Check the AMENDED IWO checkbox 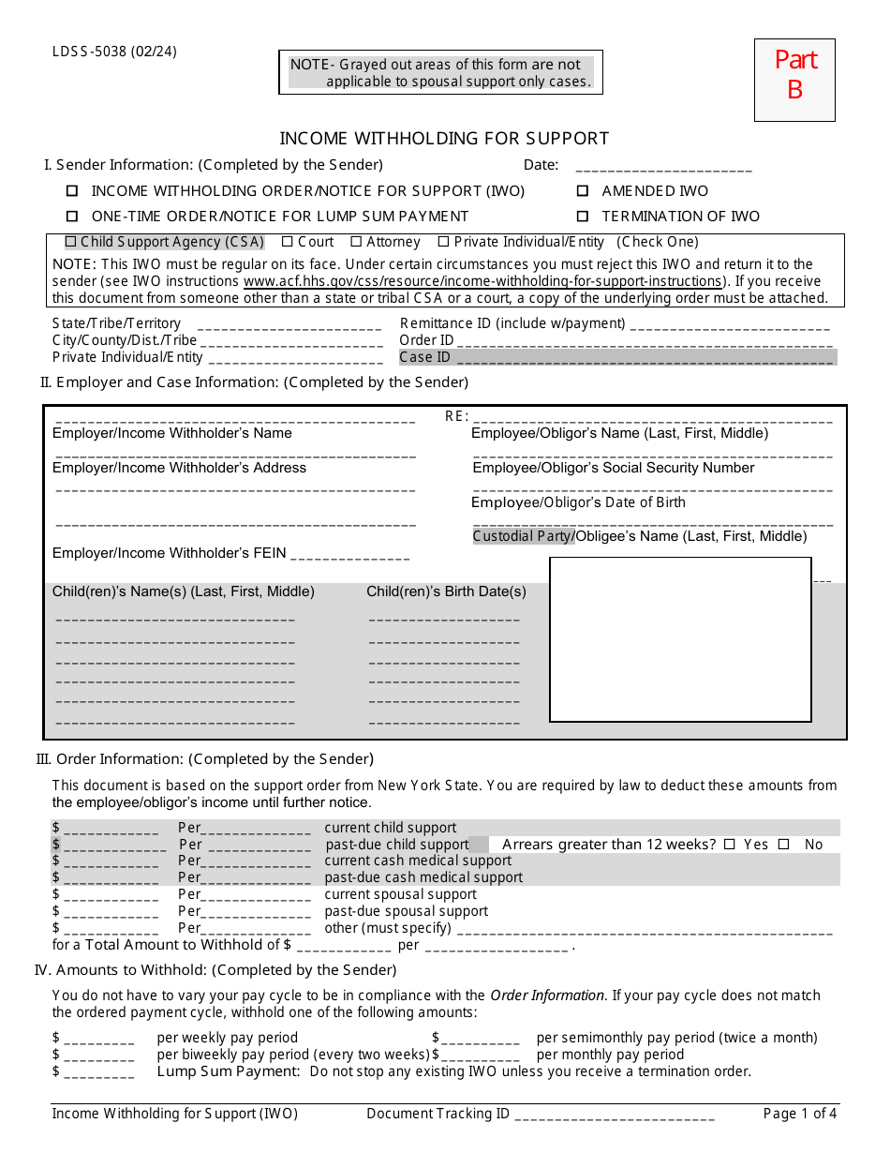tap(582, 191)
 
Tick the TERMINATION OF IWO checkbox tap(582, 217)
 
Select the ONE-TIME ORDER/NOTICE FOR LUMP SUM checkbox tap(72, 217)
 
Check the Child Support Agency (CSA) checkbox tap(70, 242)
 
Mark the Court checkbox tap(288, 242)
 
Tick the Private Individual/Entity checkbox tap(444, 242)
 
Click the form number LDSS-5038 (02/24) tap(114, 52)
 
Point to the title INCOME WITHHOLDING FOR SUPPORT tap(444, 139)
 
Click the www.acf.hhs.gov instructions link tap(482, 281)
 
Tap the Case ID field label tap(424, 357)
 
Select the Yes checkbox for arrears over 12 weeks tap(730, 845)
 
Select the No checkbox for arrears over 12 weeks tap(783, 845)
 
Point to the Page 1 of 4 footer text tap(800, 1114)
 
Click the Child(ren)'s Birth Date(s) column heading tap(446, 592)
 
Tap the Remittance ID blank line tap(730, 324)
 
